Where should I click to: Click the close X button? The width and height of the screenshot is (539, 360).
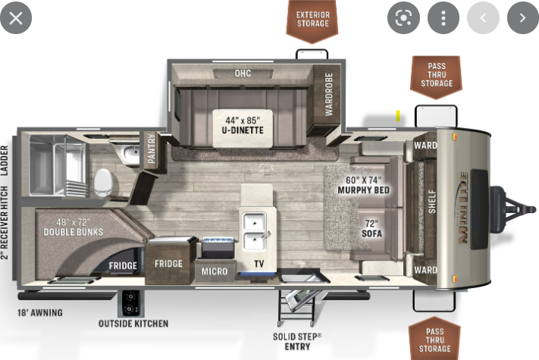click(x=16, y=18)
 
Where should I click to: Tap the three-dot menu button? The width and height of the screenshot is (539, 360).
click(x=443, y=18)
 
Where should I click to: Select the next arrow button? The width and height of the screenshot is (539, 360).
click(x=523, y=18)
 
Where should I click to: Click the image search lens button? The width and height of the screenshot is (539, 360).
click(x=403, y=18)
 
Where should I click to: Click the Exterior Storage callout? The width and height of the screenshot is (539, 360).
click(x=312, y=20)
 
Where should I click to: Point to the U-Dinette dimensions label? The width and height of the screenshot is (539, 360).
click(x=243, y=125)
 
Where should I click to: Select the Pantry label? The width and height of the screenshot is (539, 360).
click(x=152, y=149)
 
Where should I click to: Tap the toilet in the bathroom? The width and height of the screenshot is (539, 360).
click(x=103, y=182)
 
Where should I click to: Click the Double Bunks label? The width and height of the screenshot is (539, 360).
click(x=74, y=227)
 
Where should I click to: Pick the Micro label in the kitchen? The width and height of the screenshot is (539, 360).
click(x=215, y=272)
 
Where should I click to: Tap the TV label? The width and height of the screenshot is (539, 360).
click(x=259, y=264)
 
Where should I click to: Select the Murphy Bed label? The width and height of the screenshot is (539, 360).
click(x=363, y=185)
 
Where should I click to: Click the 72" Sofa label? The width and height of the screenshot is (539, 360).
click(x=372, y=229)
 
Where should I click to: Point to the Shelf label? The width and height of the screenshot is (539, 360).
click(x=432, y=202)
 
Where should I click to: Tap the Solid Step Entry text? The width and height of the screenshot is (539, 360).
click(x=297, y=342)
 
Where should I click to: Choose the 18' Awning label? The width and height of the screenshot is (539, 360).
click(x=40, y=313)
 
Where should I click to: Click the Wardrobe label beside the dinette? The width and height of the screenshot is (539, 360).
click(x=329, y=95)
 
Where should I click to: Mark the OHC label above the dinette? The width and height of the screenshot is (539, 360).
click(x=243, y=74)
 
